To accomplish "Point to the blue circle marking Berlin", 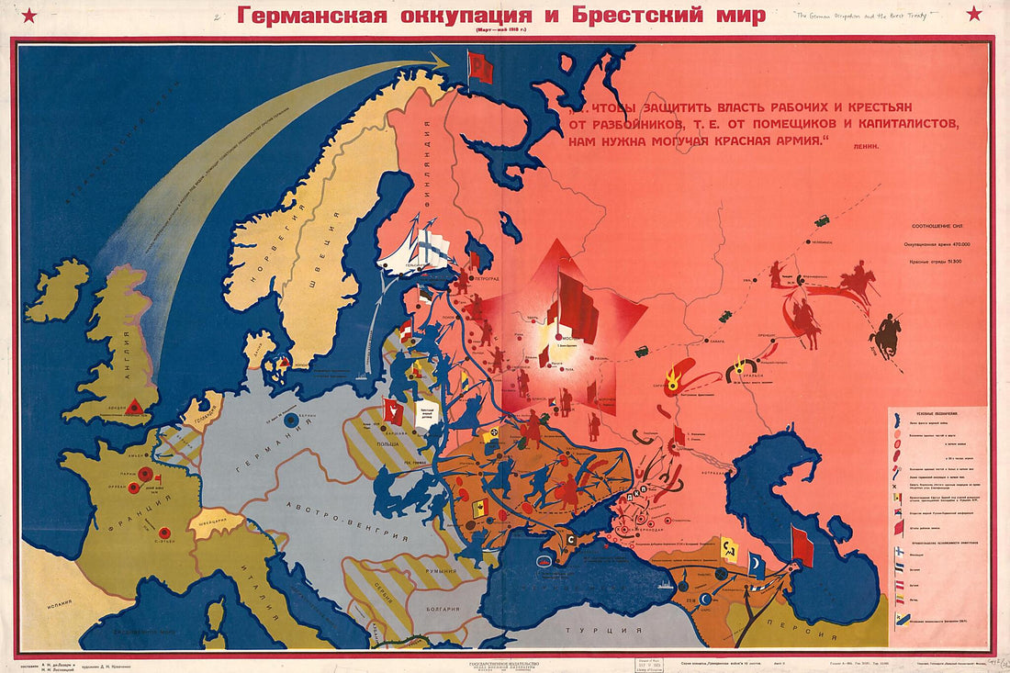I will [291, 420].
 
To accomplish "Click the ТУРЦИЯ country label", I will [597, 631].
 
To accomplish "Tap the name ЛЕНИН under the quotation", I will [866, 147].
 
